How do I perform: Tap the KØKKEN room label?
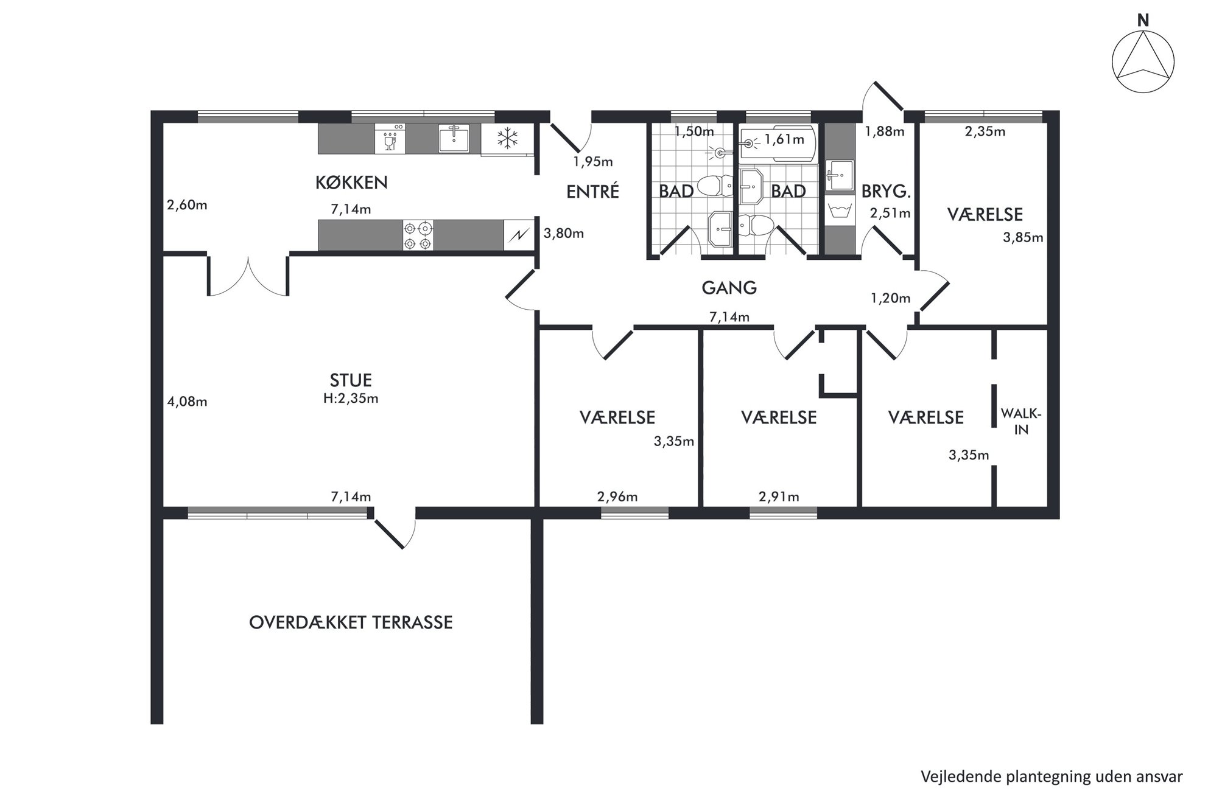point(351,182)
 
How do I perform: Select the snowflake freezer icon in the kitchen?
point(507,139)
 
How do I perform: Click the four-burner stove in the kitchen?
point(418,235)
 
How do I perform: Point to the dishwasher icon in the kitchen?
point(390,139)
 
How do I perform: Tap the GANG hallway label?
point(729,288)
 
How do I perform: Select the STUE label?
point(351,380)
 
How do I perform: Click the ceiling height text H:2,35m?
point(351,399)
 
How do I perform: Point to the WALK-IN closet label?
point(1021,422)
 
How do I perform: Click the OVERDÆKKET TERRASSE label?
point(351,622)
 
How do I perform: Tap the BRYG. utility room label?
point(886,192)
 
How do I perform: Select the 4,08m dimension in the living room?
point(187,402)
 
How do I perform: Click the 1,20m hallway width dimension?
point(890,298)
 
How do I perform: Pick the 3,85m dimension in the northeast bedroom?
point(1023,237)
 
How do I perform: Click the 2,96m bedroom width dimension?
point(617,497)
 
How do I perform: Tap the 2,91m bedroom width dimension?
point(779,497)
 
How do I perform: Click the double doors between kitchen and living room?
point(248,277)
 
